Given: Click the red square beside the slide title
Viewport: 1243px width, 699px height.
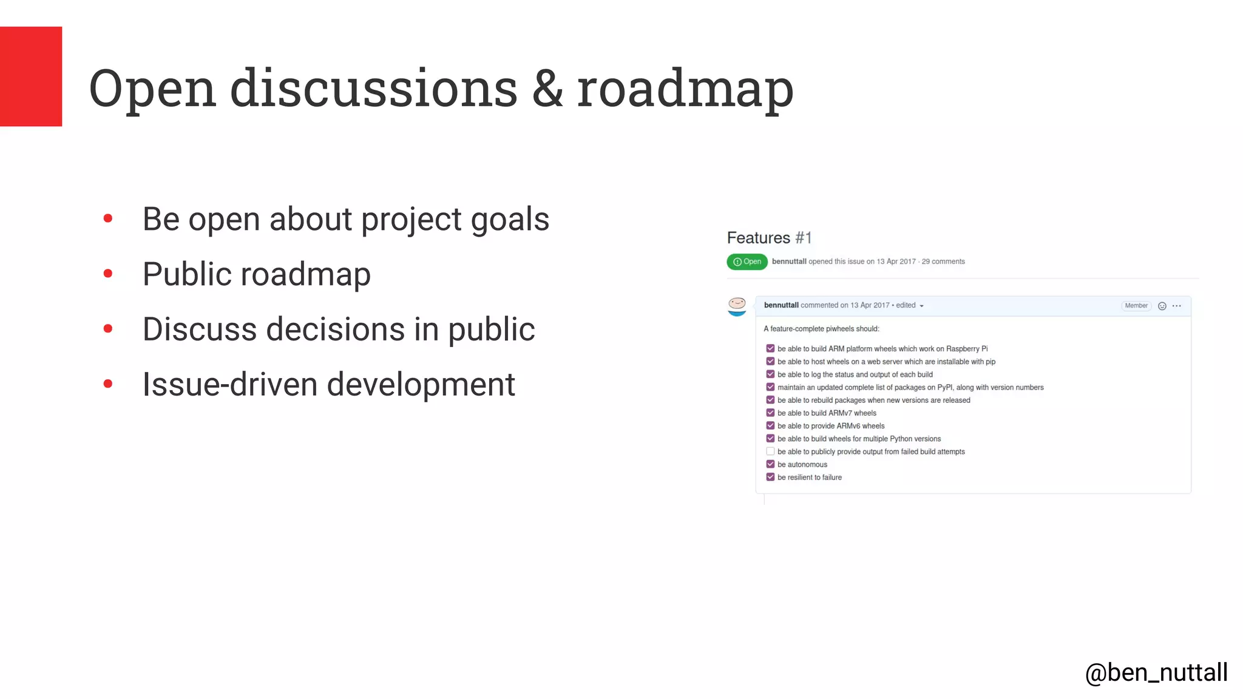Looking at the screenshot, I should [x=31, y=76].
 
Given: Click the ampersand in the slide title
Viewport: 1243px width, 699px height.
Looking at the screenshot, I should [x=547, y=89].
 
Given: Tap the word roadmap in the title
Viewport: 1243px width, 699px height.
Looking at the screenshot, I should [x=685, y=89].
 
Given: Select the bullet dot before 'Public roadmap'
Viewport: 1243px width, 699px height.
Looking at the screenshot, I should [x=108, y=274].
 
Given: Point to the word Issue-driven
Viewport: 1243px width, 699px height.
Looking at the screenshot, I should [x=230, y=385].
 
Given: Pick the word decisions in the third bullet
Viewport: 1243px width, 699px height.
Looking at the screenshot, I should [x=336, y=329].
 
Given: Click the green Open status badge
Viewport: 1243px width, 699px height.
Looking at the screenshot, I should [x=747, y=262].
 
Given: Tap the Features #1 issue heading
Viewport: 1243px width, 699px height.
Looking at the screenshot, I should [x=769, y=238].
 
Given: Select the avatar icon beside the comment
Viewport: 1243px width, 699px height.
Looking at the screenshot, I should [x=737, y=306].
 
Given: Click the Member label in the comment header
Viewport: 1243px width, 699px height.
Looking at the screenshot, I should [x=1136, y=306].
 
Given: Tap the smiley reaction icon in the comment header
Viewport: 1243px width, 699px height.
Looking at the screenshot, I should [x=1162, y=306].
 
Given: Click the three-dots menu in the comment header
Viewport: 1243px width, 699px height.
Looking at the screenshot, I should [x=1177, y=306].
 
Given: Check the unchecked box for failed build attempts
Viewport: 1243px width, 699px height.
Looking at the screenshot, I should [x=770, y=451].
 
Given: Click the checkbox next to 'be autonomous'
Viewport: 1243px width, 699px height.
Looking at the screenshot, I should [x=770, y=464].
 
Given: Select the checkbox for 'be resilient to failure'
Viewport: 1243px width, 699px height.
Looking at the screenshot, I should [x=770, y=477].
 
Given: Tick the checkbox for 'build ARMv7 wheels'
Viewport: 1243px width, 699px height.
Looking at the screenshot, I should [x=770, y=413].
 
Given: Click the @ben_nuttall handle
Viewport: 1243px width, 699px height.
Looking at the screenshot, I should [x=1156, y=673].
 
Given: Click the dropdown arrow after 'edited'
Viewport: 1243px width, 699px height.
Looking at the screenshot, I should [x=921, y=306].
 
